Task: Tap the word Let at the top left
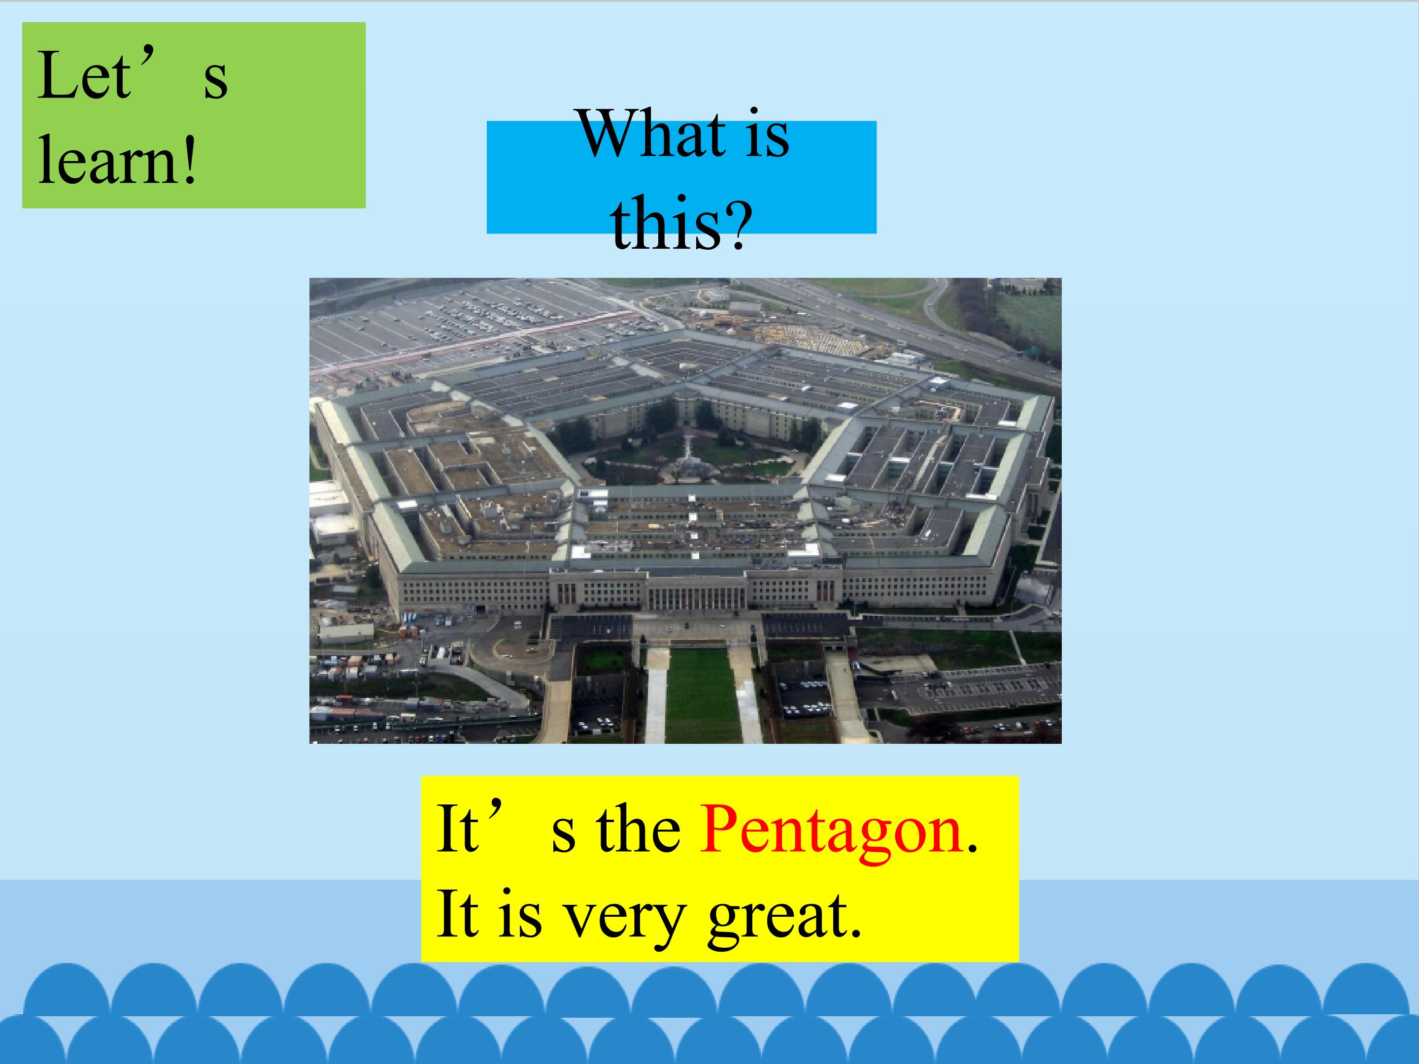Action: tap(83, 76)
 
